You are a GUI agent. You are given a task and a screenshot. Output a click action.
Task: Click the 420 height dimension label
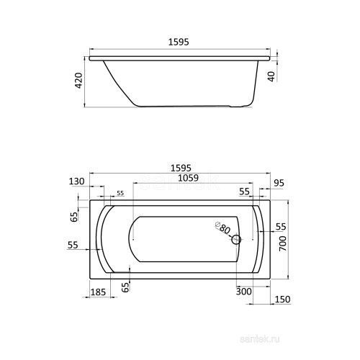[x=79, y=81]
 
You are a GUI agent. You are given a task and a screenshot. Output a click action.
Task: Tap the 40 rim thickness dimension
[x=271, y=77]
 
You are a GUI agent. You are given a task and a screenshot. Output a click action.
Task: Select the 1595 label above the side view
[x=179, y=42]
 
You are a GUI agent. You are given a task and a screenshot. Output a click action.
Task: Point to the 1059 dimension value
[x=189, y=178]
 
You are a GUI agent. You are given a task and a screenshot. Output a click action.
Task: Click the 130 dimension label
[x=77, y=181]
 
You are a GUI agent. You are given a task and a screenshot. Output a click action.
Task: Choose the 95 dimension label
[x=279, y=183]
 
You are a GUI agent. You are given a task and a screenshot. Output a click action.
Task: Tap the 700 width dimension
[x=283, y=243]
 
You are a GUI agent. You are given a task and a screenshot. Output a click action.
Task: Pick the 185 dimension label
[x=98, y=292]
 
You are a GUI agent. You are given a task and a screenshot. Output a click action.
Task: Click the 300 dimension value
[x=244, y=292]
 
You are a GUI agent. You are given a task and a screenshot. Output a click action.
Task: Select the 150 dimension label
[x=282, y=300]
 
